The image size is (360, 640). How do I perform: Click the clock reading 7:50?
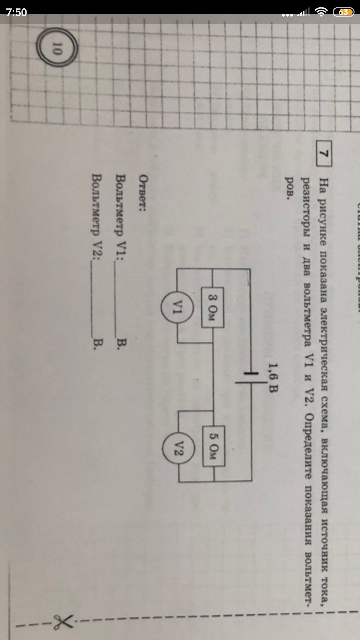(x=16, y=12)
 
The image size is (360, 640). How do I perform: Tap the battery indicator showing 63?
(x=343, y=12)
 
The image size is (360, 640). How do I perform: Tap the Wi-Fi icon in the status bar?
(x=321, y=12)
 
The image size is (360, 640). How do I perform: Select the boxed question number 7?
(x=323, y=154)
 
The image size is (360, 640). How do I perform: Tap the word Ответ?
(x=142, y=189)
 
